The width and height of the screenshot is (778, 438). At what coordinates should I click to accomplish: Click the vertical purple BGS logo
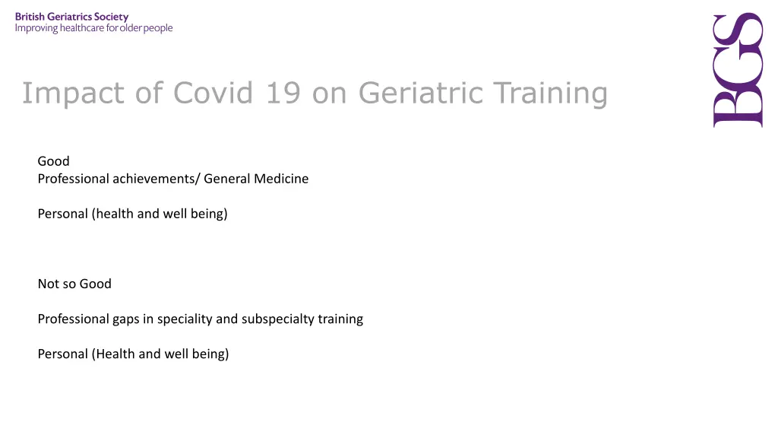737,71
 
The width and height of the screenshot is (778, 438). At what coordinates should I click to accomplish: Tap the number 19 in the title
283,94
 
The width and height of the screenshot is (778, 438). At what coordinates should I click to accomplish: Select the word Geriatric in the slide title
421,94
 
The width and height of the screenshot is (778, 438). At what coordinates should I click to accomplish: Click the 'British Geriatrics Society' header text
72,17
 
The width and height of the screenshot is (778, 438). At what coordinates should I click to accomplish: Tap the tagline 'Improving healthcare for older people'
94,29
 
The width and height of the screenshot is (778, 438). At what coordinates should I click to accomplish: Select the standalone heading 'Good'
53,161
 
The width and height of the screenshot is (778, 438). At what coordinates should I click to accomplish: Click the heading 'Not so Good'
74,284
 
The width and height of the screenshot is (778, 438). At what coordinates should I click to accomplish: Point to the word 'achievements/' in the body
157,179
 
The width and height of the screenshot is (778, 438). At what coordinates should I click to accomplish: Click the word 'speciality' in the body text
185,319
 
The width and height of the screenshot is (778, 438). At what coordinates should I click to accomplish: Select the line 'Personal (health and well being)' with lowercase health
132,214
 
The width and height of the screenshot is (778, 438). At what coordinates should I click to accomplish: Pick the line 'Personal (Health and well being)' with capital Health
133,354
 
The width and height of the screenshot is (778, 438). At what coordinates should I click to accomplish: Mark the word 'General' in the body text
227,179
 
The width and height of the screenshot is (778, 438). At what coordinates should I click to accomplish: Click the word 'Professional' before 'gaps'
73,319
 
